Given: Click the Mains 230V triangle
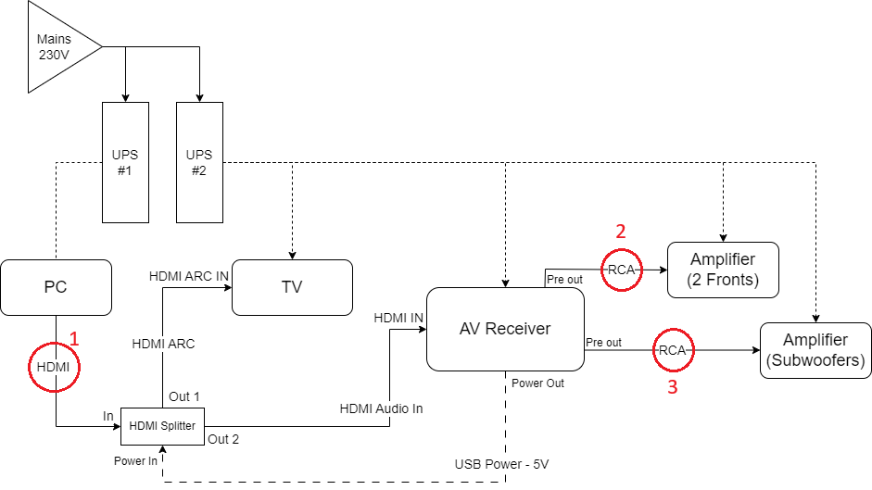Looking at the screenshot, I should click(x=56, y=46).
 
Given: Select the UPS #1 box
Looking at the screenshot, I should click(x=124, y=162).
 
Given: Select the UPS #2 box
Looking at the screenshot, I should click(x=199, y=162).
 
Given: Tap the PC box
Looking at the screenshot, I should click(x=57, y=287).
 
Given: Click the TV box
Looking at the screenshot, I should click(x=292, y=287).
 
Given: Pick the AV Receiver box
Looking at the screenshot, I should click(x=505, y=329).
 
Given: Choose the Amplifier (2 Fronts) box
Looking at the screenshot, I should click(x=724, y=270).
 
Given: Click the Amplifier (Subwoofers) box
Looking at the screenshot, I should click(x=815, y=350).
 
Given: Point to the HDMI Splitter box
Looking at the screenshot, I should click(x=163, y=425).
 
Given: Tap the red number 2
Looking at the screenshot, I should click(x=622, y=231).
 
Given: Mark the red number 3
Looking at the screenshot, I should click(x=673, y=387).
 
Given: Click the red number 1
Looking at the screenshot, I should click(x=75, y=339).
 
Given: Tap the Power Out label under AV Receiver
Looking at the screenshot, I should click(x=537, y=383).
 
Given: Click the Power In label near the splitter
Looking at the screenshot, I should click(x=135, y=460).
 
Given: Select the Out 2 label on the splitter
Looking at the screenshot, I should click(x=223, y=439).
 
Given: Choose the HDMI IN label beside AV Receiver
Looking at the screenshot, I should click(x=398, y=318).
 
